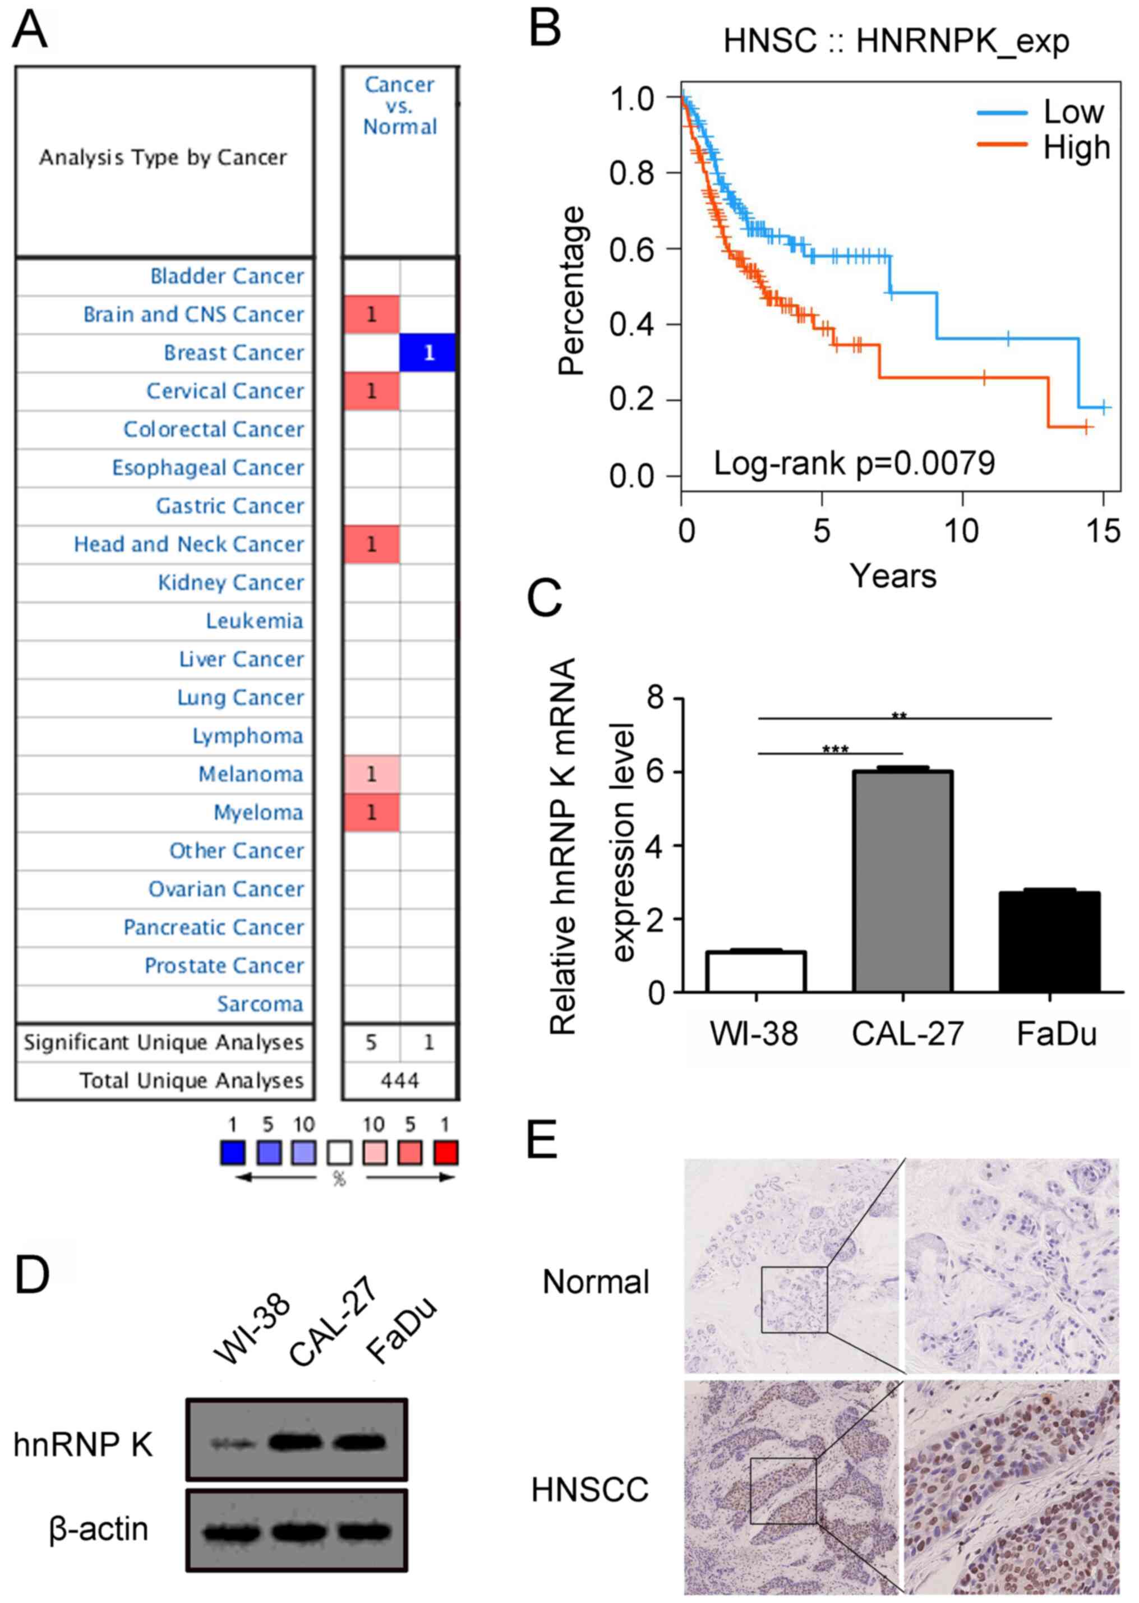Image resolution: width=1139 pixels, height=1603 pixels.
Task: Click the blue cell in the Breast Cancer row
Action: tap(427, 352)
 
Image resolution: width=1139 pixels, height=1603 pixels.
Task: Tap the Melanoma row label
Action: tap(250, 774)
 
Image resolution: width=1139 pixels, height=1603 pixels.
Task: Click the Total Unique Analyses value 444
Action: tap(399, 1080)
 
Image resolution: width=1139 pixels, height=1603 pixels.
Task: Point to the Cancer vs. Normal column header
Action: tap(400, 105)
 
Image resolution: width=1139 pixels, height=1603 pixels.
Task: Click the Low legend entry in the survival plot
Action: tap(1073, 112)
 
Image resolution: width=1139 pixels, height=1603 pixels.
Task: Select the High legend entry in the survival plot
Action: tap(1076, 148)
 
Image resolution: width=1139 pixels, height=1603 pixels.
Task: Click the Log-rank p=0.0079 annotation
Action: tap(854, 463)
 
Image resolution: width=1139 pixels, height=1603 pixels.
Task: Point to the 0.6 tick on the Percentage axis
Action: tap(633, 249)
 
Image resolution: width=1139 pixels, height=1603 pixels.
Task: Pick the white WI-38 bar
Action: tap(756, 971)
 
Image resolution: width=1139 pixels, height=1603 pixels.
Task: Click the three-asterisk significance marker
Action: tap(834, 749)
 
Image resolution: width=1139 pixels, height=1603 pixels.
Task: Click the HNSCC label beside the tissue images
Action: tap(590, 1490)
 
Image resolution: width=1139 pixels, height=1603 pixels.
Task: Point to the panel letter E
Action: tap(542, 1139)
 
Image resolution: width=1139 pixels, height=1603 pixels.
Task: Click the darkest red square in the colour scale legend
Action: tap(445, 1153)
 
